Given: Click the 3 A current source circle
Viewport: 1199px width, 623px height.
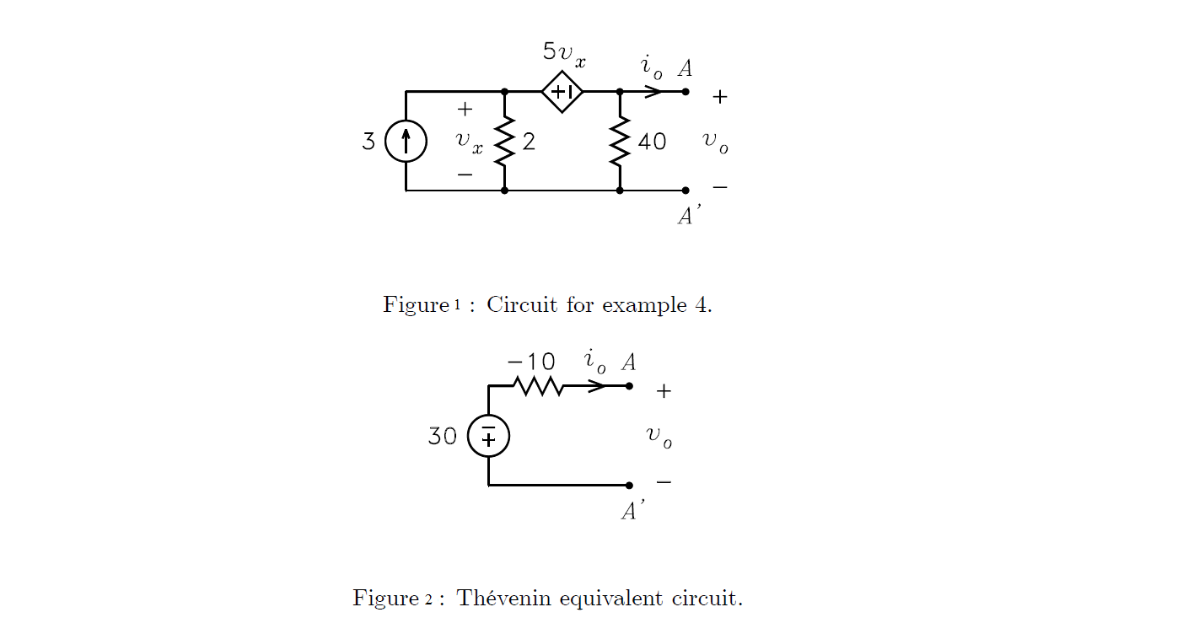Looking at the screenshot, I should (406, 141).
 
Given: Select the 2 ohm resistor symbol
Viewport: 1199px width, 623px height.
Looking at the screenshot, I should (504, 141).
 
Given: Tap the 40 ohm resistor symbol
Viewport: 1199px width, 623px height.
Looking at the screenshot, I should (620, 141).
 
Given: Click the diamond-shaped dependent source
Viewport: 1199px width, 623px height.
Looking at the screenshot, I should (562, 91).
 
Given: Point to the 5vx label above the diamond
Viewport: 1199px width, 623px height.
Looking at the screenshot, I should (564, 53).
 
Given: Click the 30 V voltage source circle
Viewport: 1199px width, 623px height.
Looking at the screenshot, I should (488, 436).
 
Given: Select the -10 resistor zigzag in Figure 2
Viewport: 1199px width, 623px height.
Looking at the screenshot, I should (538, 386).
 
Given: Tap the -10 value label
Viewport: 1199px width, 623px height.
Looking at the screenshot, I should (531, 362).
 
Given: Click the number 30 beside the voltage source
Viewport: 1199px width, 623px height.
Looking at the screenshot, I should (443, 437).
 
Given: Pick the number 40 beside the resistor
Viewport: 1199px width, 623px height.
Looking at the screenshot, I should (652, 142).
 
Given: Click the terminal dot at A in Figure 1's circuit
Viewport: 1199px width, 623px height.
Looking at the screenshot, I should (686, 91).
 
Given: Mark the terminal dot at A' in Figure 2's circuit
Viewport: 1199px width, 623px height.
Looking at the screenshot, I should (629, 486).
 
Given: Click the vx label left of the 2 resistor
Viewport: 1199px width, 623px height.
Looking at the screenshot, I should (469, 142).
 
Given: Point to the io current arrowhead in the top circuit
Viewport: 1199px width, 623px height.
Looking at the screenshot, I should (653, 91).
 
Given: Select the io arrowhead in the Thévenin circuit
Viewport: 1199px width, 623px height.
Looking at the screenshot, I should (597, 386).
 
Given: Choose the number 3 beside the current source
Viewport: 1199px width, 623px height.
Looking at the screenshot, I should (368, 142).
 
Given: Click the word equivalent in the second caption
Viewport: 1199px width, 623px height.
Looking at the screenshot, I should (611, 599).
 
